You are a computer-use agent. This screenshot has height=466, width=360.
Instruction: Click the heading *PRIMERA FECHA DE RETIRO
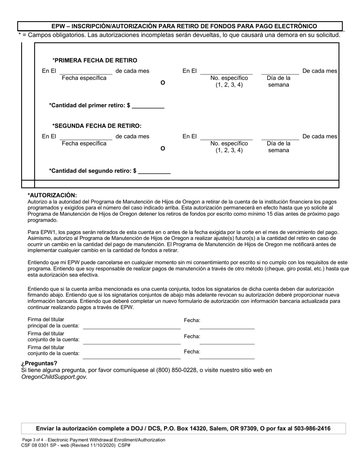(x=95, y=60)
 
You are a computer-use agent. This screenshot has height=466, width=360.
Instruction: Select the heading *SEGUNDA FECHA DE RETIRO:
(x=97, y=126)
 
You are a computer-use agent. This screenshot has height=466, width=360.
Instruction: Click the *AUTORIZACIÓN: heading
(x=52, y=195)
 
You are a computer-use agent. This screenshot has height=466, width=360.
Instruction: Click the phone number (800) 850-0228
(x=177, y=370)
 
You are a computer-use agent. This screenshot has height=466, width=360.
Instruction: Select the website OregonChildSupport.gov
(x=54, y=377)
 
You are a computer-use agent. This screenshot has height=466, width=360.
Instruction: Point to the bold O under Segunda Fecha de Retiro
(x=163, y=149)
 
